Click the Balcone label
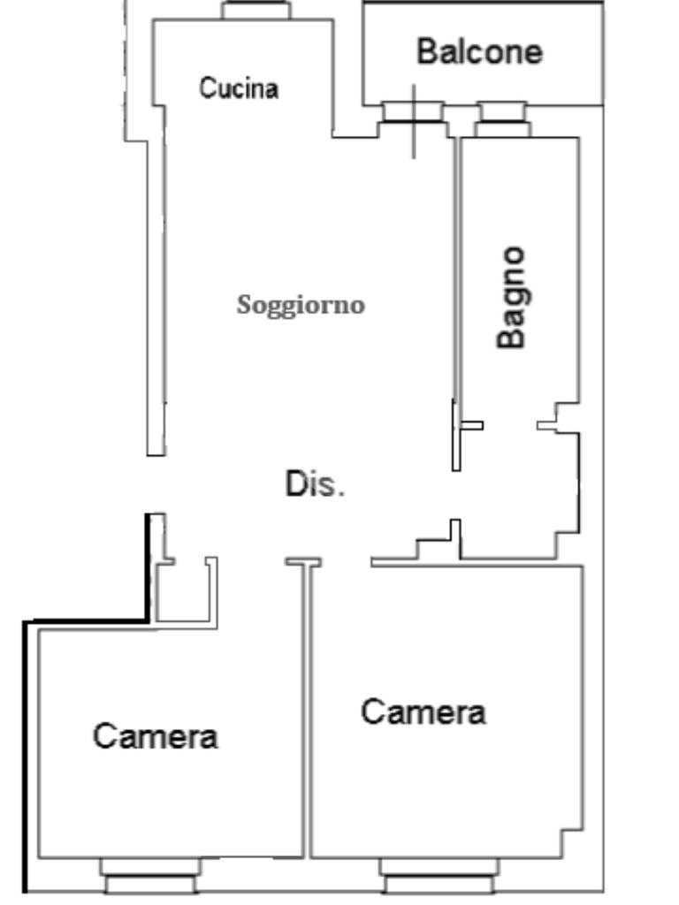point(479,51)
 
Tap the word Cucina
point(239,88)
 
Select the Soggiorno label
point(301,305)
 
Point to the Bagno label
point(512,297)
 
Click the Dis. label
point(314,484)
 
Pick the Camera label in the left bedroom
point(156,735)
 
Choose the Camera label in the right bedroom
point(423,711)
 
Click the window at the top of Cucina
point(256,11)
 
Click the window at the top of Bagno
point(502,118)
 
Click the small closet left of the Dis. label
point(186,590)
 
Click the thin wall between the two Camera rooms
point(309,707)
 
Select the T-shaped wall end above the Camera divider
point(303,561)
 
